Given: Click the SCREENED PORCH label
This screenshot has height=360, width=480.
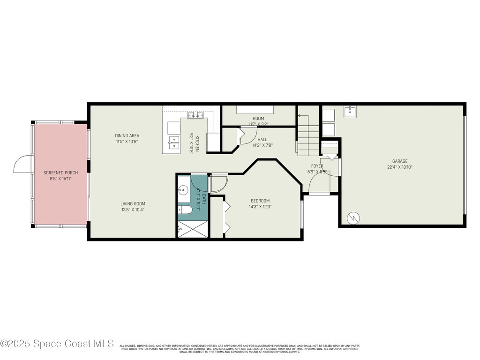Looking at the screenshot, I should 60,173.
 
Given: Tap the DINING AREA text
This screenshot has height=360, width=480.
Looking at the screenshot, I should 127,136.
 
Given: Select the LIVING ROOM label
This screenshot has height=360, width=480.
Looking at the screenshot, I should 133,204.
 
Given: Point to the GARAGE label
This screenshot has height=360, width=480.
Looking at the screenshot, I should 400,161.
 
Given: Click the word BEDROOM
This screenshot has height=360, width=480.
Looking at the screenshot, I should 259,201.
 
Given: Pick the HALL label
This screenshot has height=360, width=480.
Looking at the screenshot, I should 262,139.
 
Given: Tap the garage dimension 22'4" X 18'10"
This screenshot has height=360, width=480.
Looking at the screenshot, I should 400,167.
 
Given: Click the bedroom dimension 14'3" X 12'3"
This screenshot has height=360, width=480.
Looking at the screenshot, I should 260,207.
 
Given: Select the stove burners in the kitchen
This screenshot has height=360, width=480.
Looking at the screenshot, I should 195,115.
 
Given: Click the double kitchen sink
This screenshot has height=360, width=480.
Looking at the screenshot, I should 174,142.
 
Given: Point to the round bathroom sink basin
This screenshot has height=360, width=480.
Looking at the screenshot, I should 184,190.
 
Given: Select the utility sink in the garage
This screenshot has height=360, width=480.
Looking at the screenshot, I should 351,112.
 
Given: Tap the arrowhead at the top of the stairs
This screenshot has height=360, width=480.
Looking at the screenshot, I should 300,115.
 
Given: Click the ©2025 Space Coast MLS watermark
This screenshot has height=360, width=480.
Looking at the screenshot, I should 57,344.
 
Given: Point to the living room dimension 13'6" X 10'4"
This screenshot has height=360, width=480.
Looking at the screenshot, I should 133,210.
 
